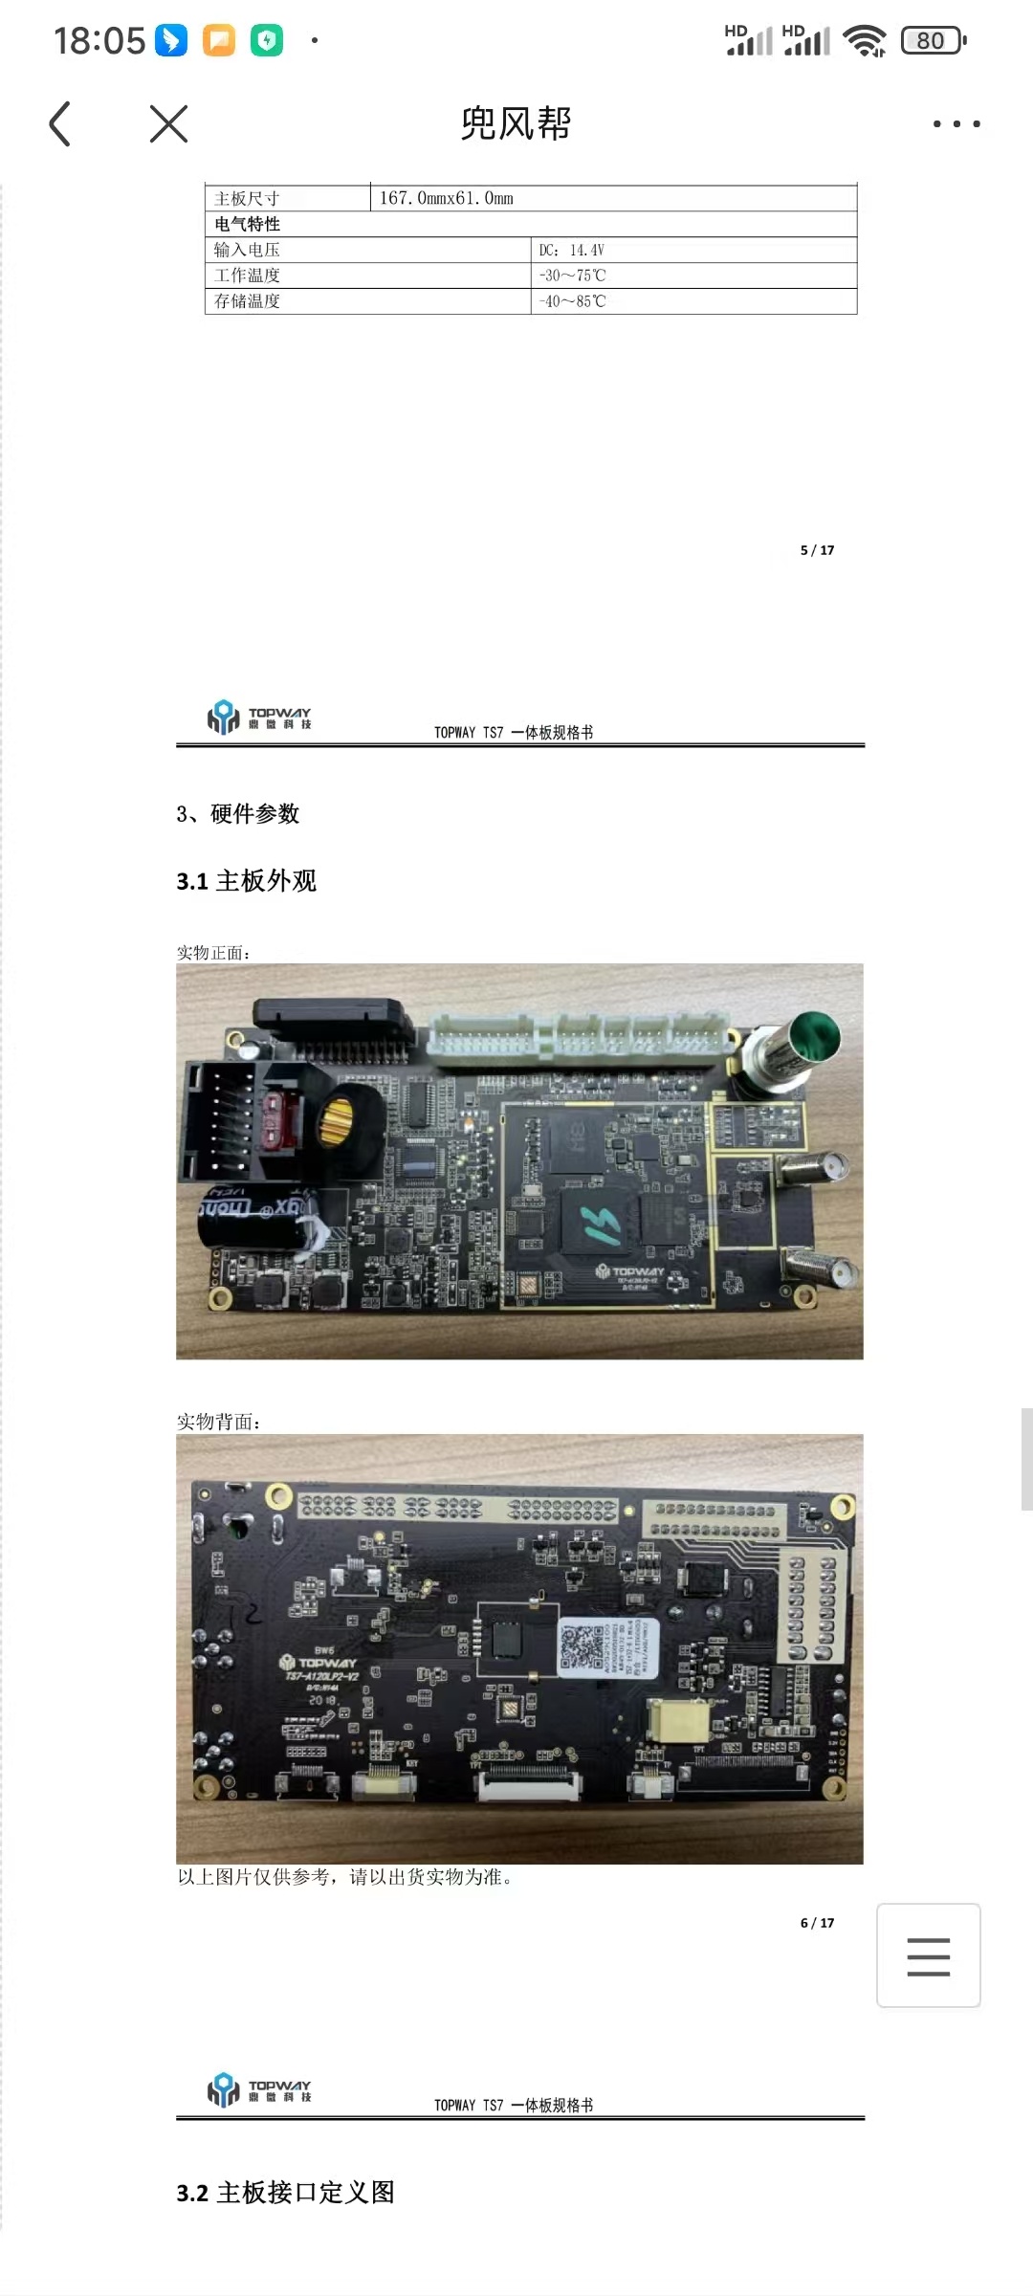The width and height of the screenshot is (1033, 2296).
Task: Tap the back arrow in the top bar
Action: pos(60,124)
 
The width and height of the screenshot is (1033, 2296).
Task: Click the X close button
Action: pos(169,124)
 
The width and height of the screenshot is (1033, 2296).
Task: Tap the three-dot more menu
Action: pos(956,124)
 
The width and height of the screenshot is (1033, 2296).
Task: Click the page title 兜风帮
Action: pos(516,124)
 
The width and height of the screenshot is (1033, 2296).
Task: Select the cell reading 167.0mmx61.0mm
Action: pos(447,198)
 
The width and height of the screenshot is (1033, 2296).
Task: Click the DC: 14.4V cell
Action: pos(571,250)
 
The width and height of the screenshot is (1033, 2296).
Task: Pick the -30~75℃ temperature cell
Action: pos(572,276)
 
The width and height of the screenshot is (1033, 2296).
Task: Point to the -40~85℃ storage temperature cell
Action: pos(572,301)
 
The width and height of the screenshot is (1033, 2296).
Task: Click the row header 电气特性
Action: pos(248,224)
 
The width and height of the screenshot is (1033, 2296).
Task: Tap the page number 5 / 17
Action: pos(817,550)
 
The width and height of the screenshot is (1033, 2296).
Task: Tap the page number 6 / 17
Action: pos(817,1923)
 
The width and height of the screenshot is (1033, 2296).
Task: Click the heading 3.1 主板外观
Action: pos(247,881)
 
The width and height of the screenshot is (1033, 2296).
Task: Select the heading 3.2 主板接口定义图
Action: pos(285,2193)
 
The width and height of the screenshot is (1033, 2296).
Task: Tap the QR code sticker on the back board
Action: pos(584,1645)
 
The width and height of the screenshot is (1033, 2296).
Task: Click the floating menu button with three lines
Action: pos(928,1955)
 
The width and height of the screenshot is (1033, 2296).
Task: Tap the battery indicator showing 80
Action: pos(933,41)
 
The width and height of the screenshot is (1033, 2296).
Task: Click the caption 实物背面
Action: pos(218,1422)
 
